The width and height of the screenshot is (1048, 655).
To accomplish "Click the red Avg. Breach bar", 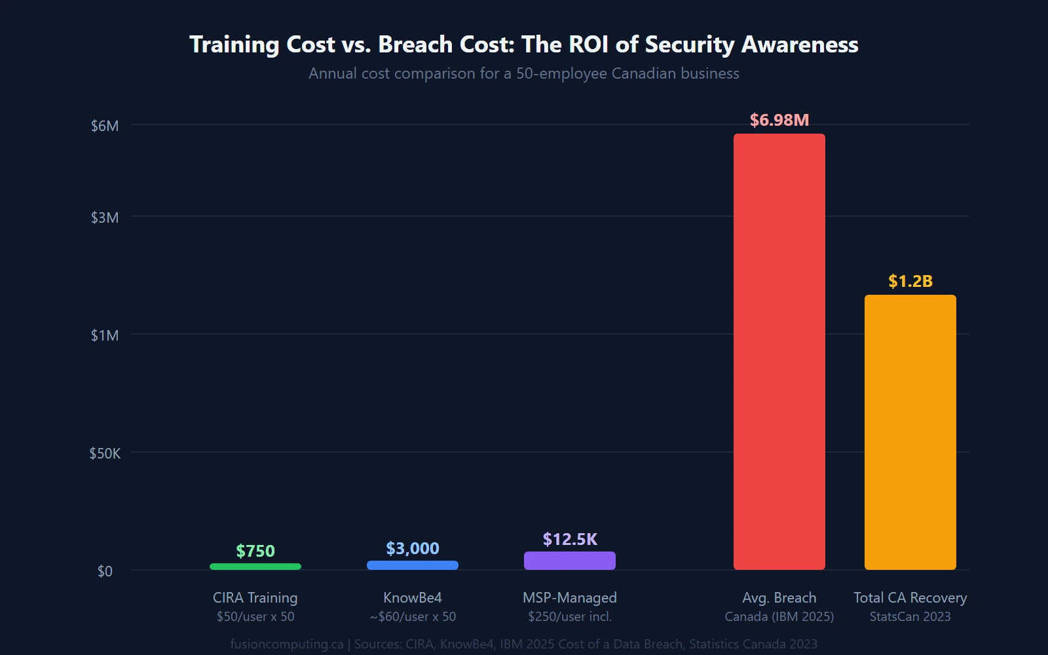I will (x=779, y=352).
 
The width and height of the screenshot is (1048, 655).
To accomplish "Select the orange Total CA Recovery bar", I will (x=910, y=432).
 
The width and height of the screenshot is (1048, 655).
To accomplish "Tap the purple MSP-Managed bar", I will (x=569, y=561).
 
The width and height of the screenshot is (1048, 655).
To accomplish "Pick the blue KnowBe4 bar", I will (x=412, y=565).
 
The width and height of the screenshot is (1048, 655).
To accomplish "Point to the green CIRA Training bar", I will (x=255, y=567).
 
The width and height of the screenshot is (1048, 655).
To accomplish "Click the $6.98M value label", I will (x=779, y=121).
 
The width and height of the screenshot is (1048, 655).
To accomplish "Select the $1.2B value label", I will (x=910, y=282).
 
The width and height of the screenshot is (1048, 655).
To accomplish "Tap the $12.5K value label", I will (x=569, y=540).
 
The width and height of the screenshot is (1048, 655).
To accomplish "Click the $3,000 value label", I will (x=412, y=549).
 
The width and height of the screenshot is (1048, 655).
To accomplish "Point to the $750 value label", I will (x=255, y=552).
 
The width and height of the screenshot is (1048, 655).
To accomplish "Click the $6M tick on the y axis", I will (x=105, y=126).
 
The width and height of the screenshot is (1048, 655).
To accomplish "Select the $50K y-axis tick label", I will (x=105, y=453).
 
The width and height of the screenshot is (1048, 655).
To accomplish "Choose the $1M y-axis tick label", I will (x=105, y=335).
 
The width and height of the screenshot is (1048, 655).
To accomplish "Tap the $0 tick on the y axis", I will (x=105, y=571).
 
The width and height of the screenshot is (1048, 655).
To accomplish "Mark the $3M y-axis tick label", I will (x=105, y=217).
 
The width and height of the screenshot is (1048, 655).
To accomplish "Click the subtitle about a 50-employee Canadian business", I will (x=523, y=73).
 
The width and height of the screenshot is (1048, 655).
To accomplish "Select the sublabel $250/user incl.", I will (x=569, y=616).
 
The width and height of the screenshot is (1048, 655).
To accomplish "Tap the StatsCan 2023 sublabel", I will (x=910, y=616).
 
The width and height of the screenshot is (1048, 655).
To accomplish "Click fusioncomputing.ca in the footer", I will (x=286, y=644).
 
